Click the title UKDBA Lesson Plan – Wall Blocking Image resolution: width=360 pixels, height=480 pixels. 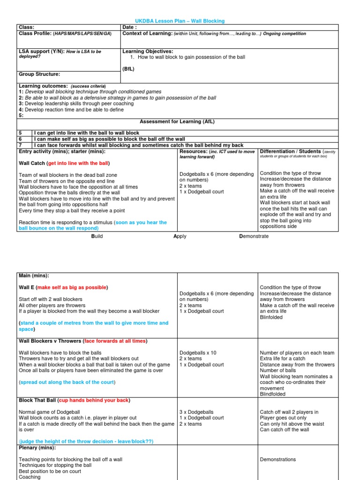click(x=180, y=21)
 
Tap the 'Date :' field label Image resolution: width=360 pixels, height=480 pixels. click(x=129, y=28)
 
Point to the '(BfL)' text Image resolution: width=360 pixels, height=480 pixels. click(x=128, y=68)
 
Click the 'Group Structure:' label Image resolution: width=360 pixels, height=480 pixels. click(x=39, y=74)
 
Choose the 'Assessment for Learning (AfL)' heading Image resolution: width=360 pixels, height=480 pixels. click(x=177, y=121)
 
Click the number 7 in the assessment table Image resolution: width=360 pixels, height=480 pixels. click(x=21, y=145)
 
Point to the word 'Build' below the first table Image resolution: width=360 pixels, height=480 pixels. click(x=97, y=236)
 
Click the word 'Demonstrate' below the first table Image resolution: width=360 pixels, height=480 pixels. click(x=254, y=236)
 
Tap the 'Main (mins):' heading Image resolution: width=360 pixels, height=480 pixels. click(x=34, y=275)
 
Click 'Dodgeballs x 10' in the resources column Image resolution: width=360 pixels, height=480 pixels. click(x=198, y=353)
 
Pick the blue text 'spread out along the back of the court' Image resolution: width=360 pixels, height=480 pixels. click(x=67, y=382)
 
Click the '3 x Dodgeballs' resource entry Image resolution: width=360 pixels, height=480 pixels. click(x=195, y=412)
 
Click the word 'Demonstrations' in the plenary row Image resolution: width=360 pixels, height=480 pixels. click(x=278, y=459)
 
